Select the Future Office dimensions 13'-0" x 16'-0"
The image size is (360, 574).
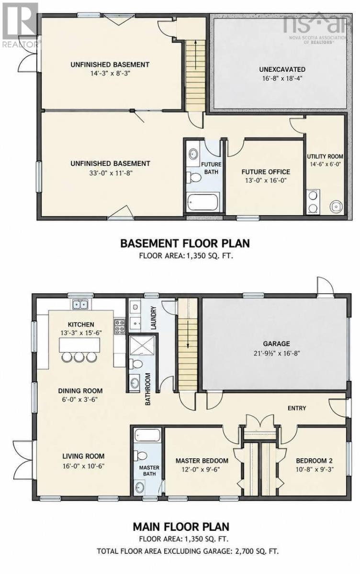266,180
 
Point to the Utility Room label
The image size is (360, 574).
325,156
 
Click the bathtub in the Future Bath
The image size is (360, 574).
203,202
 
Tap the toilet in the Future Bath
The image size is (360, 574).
193,177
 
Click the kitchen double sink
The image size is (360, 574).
80,304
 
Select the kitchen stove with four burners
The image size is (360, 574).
120,326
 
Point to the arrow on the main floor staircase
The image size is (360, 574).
188,333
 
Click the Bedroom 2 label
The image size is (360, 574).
314,461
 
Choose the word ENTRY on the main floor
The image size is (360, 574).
297,408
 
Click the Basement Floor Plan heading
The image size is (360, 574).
185,243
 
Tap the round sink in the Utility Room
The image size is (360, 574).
336,206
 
